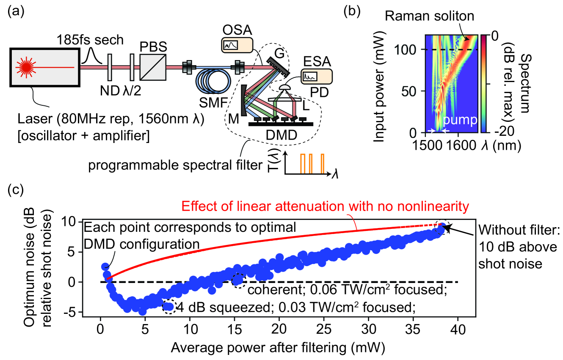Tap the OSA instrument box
(x=237, y=44)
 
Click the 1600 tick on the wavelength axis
(x=460, y=145)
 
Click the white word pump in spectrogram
(x=458, y=121)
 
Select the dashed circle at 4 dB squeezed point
(x=168, y=307)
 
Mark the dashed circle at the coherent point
(x=238, y=280)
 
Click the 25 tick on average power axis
(x=323, y=330)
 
